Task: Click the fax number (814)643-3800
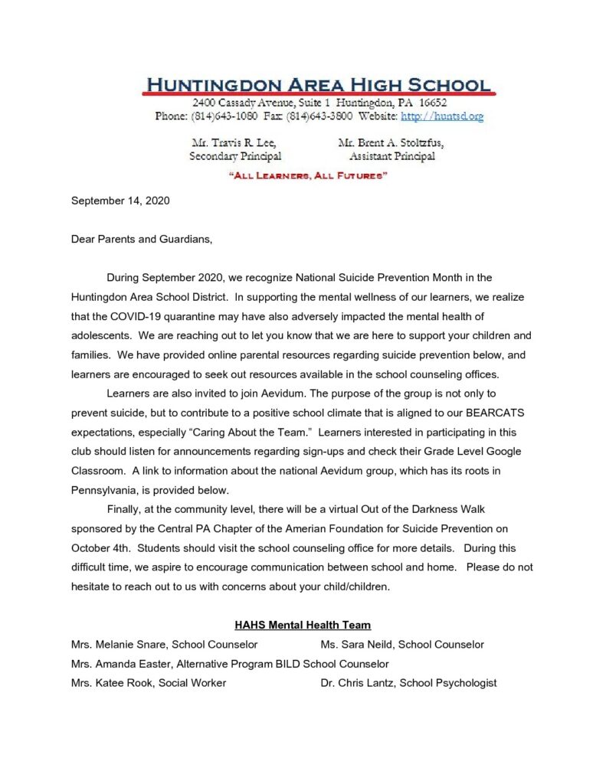coord(319,116)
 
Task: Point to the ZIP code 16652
coord(432,103)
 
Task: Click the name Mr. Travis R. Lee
coord(232,142)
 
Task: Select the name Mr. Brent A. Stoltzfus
coord(391,142)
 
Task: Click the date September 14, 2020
coord(120,201)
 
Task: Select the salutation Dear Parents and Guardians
coord(141,240)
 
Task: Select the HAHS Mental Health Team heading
coord(303,626)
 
